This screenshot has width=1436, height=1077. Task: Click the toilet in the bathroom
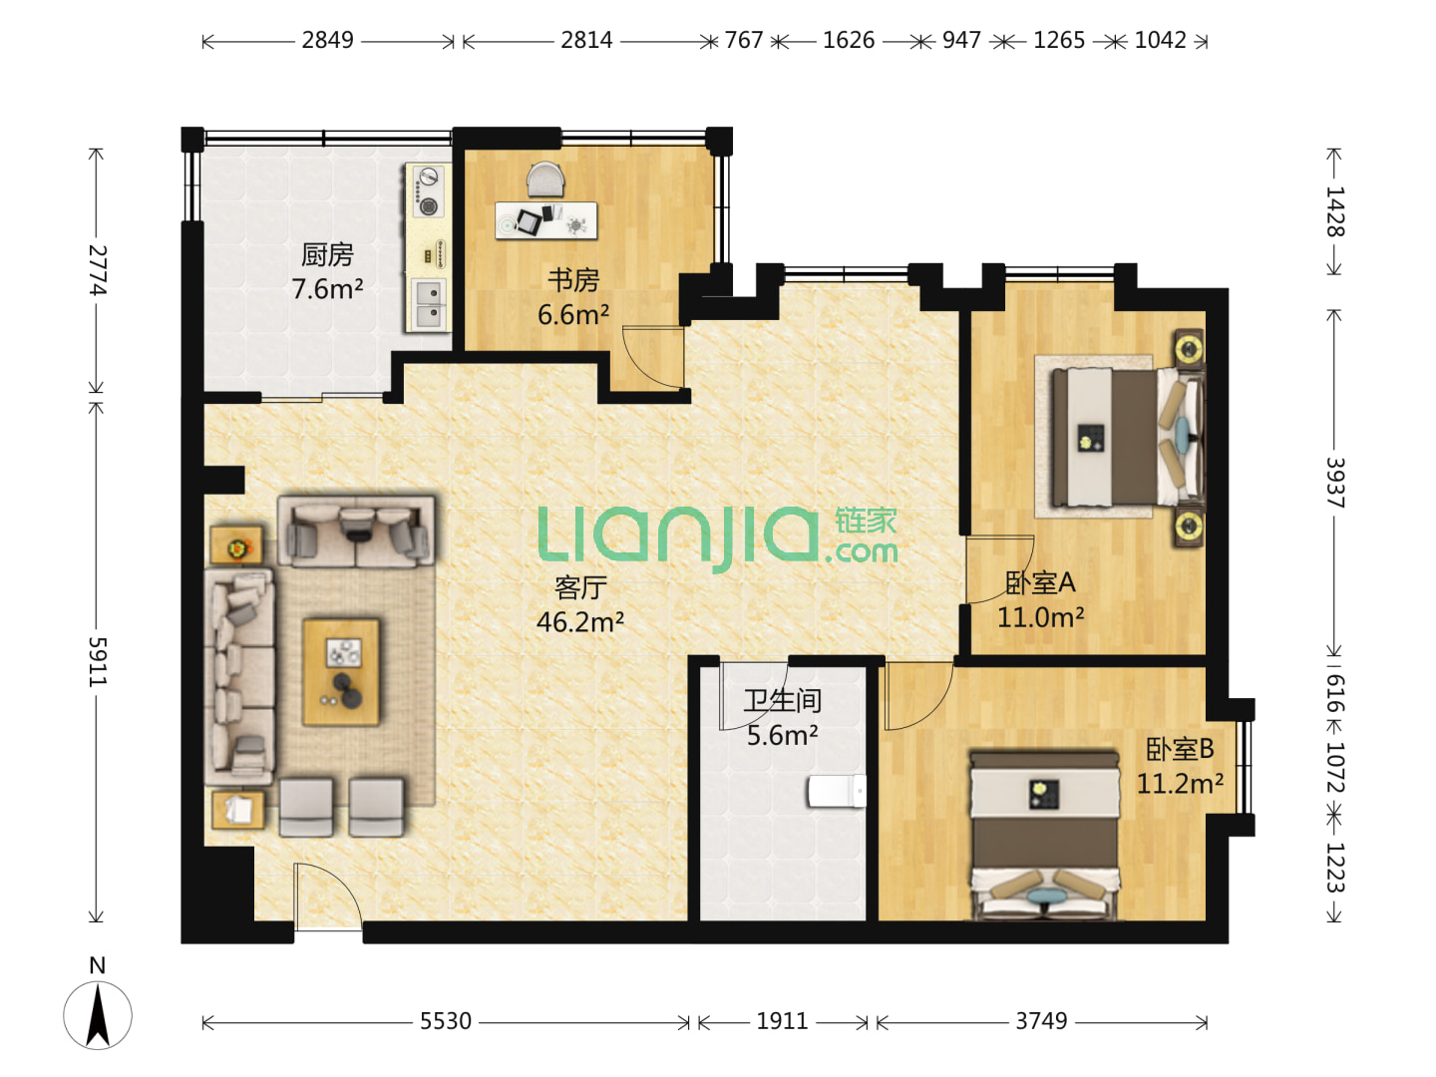[x=837, y=792]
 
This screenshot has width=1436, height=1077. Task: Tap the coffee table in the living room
[x=341, y=671]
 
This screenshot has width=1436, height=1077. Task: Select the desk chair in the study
[x=545, y=179]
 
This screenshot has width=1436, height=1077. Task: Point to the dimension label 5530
[x=446, y=1021]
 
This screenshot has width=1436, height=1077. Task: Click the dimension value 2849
[x=328, y=41]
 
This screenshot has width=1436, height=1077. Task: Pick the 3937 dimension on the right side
[x=1334, y=484]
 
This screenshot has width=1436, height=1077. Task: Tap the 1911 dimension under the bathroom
[x=783, y=1021]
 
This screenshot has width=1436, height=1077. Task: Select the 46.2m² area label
[x=580, y=622]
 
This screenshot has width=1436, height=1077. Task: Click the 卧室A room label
[x=1040, y=582]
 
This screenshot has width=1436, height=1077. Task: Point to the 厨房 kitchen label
[x=327, y=254]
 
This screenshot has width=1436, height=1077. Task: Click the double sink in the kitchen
[x=429, y=305]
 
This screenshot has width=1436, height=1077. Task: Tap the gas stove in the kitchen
[x=429, y=190]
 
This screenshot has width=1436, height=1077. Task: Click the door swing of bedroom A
[x=999, y=568]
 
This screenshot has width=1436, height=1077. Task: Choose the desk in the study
[x=545, y=220]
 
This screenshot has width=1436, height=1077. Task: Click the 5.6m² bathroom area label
[x=783, y=736]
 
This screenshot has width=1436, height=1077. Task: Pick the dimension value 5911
[x=97, y=662]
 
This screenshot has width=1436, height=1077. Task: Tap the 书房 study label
[x=573, y=280]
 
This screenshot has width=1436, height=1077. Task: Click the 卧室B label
[x=1180, y=749]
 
